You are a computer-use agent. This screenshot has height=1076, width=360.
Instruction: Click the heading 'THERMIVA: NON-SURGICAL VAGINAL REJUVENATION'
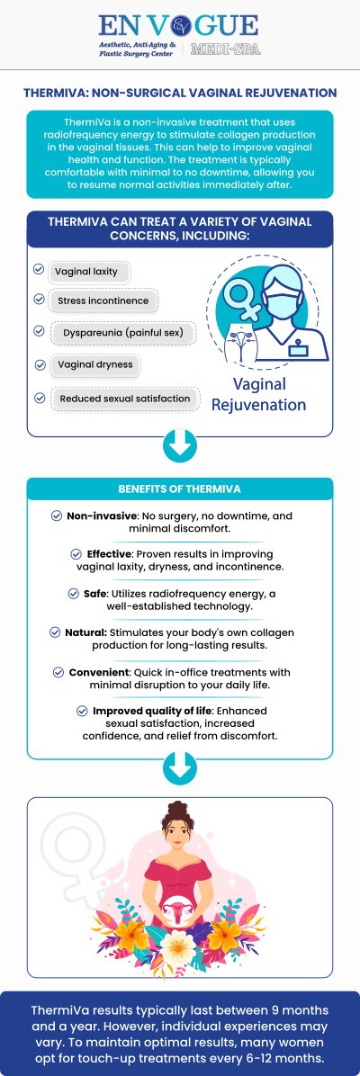click(180, 93)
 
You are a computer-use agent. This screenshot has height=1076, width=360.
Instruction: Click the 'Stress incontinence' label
click(103, 300)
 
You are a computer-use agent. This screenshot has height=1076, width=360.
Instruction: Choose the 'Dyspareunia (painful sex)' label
click(122, 332)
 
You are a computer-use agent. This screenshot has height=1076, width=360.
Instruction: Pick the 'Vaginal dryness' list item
click(94, 364)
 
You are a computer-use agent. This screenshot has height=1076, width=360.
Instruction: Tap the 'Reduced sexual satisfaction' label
click(125, 398)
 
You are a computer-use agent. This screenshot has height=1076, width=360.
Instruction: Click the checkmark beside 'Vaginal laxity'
click(39, 269)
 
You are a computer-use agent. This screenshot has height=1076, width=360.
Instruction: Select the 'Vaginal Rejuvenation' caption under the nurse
click(259, 394)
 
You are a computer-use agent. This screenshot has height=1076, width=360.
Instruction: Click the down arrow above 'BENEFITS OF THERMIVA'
click(180, 445)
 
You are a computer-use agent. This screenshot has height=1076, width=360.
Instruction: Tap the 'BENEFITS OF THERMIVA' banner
click(180, 489)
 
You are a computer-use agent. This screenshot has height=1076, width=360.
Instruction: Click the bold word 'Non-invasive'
click(95, 516)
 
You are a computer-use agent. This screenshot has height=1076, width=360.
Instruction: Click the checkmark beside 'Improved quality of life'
click(83, 711)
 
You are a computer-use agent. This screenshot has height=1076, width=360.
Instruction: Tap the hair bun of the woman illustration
click(178, 808)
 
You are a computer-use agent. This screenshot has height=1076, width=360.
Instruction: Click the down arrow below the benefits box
click(180, 766)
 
